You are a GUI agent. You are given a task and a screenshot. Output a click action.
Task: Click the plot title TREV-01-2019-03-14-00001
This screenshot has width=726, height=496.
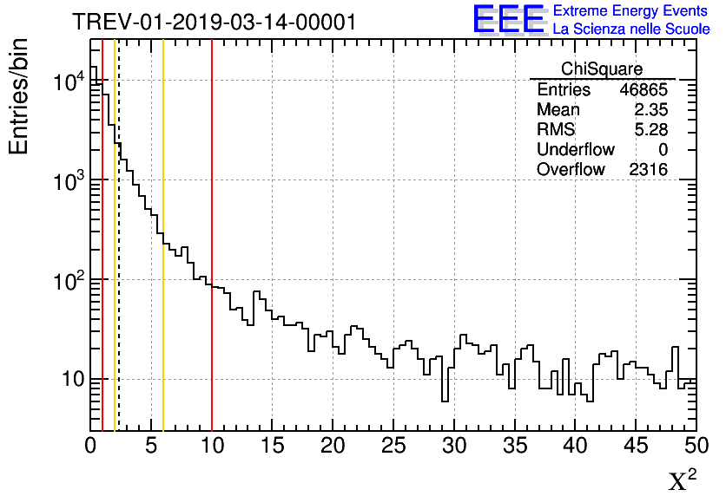coord(214,23)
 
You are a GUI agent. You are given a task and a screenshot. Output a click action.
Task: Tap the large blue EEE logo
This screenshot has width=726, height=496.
coord(509,19)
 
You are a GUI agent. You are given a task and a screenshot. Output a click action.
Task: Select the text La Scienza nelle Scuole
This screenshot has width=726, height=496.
coord(630,29)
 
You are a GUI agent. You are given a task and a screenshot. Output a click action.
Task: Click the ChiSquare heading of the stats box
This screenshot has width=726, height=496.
coord(602,69)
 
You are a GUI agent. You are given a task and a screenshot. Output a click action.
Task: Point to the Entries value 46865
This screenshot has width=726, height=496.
coord(643,90)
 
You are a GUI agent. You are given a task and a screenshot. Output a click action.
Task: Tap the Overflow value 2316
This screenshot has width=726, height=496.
coord(648,170)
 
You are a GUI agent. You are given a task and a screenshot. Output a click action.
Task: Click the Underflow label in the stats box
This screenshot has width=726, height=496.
coord(576,150)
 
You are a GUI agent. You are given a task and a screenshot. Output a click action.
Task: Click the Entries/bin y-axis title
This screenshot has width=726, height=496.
coord(19,96)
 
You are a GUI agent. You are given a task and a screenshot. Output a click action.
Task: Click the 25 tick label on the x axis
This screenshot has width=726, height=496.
coord(394,445)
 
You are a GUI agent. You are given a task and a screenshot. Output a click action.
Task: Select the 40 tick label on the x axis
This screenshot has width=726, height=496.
coord(576,445)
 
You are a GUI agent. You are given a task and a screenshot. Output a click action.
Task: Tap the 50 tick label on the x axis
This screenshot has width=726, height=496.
coord(696,445)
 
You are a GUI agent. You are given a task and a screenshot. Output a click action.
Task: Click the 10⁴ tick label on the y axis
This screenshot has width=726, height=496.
coord(68,82)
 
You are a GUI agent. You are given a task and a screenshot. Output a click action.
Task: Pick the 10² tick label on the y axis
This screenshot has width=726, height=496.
coord(68,281)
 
